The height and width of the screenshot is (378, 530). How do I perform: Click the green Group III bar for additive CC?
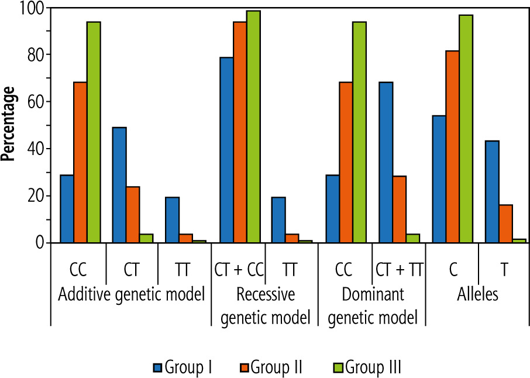point(94,132)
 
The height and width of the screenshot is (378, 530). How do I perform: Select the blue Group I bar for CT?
point(119,185)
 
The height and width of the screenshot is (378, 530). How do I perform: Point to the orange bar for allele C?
point(452,146)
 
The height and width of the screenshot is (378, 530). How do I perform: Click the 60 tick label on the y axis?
point(36,102)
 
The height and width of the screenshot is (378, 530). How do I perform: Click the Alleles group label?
point(477,294)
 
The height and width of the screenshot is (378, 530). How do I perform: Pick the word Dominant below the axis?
point(372,294)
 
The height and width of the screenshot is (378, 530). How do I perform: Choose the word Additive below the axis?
point(82,294)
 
